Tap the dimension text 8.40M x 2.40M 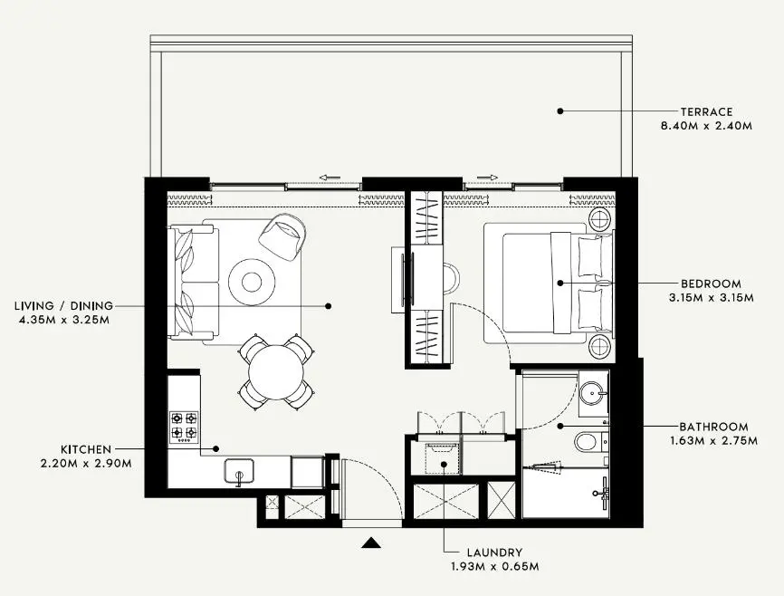click(x=706, y=126)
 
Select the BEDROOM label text click(x=711, y=284)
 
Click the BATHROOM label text click(x=713, y=427)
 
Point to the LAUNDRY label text click(x=494, y=553)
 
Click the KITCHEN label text click(x=86, y=449)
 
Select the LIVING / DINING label click(x=63, y=306)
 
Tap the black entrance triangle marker click(x=371, y=543)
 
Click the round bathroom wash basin click(x=593, y=392)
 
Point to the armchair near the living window click(x=284, y=234)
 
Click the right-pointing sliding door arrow click(x=488, y=178)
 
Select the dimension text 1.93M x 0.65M click(x=494, y=567)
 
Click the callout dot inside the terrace click(x=560, y=111)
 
